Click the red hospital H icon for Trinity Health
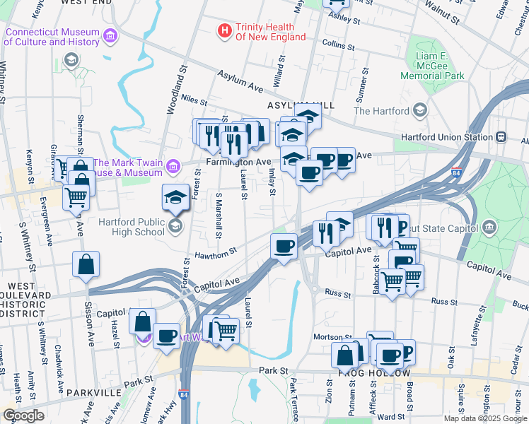[225, 30]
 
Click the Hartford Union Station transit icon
[501, 136]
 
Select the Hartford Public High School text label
[132, 226]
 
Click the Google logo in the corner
[23, 416]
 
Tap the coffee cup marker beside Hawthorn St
[284, 247]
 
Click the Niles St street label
[193, 100]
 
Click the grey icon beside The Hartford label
[420, 110]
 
